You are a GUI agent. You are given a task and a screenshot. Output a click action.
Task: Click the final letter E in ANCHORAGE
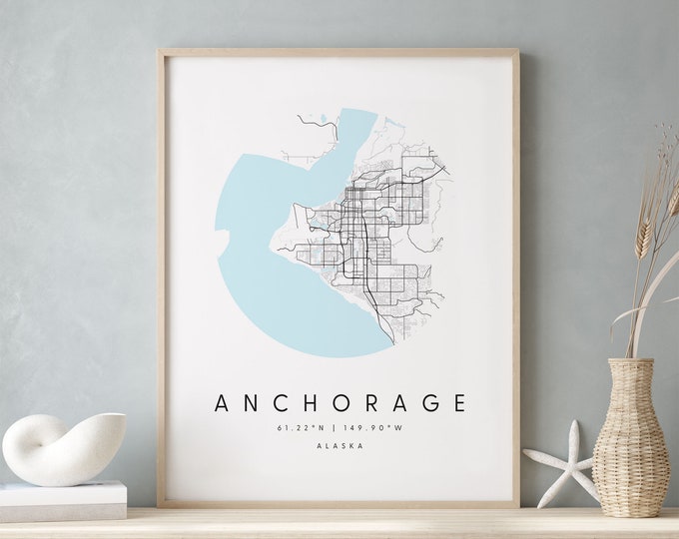pos(458,403)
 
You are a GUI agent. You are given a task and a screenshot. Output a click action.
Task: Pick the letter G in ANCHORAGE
pos(425,403)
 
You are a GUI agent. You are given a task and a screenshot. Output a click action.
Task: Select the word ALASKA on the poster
pos(339,446)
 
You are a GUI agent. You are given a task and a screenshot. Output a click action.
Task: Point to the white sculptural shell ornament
pos(62,446)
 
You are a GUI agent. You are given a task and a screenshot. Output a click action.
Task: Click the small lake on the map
pos(323,122)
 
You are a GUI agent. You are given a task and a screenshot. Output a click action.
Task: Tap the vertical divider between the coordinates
pos(338,428)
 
